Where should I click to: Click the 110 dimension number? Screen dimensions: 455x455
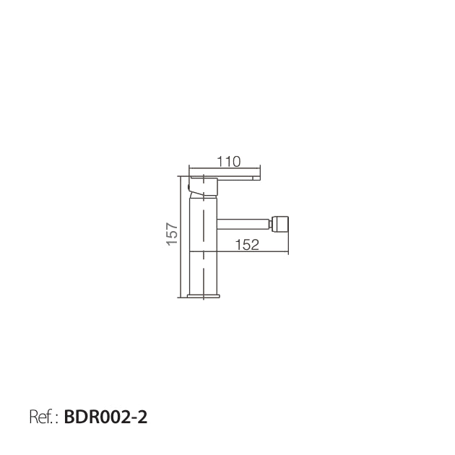tap(229, 162)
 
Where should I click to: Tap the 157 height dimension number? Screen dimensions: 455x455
tap(172, 234)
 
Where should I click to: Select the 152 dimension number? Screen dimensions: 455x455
tap(247, 245)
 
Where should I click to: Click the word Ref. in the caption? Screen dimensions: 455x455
tap(42, 417)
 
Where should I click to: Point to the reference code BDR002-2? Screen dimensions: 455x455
tap(105, 417)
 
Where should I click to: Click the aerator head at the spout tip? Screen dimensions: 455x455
tap(279, 224)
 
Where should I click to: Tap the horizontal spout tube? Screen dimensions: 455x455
tap(243, 224)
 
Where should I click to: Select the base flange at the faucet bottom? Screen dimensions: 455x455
tap(204, 296)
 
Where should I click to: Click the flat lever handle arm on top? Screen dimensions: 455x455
tap(225, 177)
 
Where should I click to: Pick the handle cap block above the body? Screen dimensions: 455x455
tap(203, 186)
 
